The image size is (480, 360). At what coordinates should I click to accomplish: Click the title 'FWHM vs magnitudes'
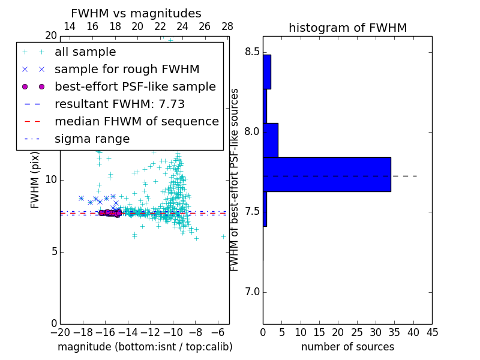coord(136,14)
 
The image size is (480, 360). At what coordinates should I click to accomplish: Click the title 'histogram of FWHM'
coord(347,28)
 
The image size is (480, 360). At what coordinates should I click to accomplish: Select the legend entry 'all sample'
coord(85,52)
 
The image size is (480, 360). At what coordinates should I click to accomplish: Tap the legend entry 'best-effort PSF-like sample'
coord(135,87)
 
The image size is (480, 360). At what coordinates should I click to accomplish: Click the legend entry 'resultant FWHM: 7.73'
coord(119,104)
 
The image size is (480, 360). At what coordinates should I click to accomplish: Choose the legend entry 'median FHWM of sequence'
coord(136,122)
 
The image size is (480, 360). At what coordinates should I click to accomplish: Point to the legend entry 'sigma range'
coord(92,139)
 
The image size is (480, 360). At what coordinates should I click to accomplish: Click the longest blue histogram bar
coord(327,175)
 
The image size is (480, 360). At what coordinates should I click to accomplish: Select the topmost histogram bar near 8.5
coord(266,71)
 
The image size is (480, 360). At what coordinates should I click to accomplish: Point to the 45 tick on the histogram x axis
coord(432,332)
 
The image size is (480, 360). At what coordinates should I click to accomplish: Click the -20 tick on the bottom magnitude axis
coord(60,332)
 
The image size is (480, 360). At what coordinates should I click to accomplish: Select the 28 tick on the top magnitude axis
coord(227,26)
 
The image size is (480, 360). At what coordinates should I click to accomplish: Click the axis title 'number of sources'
coord(347,347)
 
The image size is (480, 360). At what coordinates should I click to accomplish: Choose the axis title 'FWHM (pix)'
coord(35,180)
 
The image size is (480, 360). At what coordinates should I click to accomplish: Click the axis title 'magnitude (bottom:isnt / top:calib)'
coord(145,347)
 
